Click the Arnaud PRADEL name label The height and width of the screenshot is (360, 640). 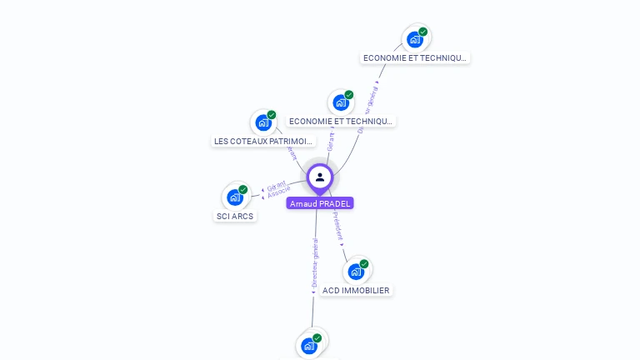320,203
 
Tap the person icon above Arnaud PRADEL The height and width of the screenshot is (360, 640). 320,177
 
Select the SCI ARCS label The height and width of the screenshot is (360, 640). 234,217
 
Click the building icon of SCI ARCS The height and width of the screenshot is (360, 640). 234,197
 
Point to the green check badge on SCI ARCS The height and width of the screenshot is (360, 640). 243,189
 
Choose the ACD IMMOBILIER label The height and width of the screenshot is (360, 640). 356,291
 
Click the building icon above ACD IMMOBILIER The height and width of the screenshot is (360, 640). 356,271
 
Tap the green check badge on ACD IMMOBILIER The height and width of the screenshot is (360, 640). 364,263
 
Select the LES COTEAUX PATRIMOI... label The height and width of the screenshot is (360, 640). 263,142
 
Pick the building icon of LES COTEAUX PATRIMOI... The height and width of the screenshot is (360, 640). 263,122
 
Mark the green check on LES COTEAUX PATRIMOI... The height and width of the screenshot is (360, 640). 272,115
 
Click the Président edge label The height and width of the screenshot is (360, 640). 337,225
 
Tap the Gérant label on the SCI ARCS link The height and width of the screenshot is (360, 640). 277,185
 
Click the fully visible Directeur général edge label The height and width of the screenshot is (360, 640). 315,262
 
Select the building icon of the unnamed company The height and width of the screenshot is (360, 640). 309,346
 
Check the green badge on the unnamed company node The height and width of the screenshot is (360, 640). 317,338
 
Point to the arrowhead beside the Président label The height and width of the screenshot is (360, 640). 342,245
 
